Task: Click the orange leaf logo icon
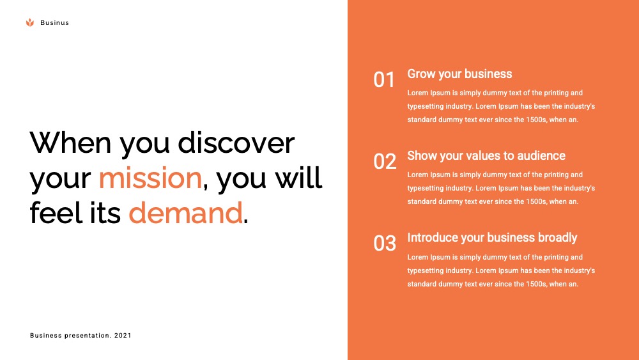pyautogui.click(x=30, y=23)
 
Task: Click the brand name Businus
pyautogui.click(x=54, y=23)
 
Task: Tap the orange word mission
pyautogui.click(x=150, y=178)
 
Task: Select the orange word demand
pyautogui.click(x=186, y=212)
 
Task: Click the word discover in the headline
pyautogui.click(x=236, y=143)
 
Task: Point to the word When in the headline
pyautogui.click(x=70, y=143)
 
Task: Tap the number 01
pyautogui.click(x=384, y=79)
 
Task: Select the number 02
pyautogui.click(x=385, y=161)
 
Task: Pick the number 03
pyautogui.click(x=385, y=244)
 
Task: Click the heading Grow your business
pyautogui.click(x=459, y=74)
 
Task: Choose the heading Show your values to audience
pyautogui.click(x=486, y=156)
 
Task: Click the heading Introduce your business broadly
pyautogui.click(x=492, y=238)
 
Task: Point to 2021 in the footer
pyautogui.click(x=123, y=336)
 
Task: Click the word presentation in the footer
pyautogui.click(x=87, y=336)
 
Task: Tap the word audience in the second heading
pyautogui.click(x=541, y=156)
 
